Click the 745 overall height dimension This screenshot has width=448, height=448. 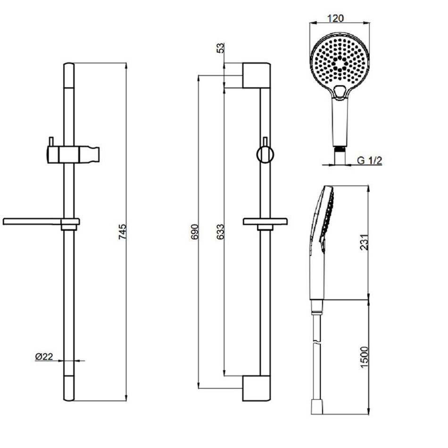(122, 232)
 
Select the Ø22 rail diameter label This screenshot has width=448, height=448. (44, 357)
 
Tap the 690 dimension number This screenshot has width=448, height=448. (194, 232)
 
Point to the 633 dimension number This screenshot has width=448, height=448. (220, 232)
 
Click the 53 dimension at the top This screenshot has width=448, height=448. (221, 48)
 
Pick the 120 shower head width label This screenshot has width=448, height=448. (335, 18)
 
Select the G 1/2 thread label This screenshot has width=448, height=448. (369, 160)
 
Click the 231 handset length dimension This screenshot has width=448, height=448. (364, 242)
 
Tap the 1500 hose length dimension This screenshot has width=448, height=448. (364, 357)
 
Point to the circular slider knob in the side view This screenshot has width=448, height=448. (265, 155)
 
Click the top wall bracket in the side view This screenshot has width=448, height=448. (256, 75)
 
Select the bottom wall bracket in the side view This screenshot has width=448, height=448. (256, 388)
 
